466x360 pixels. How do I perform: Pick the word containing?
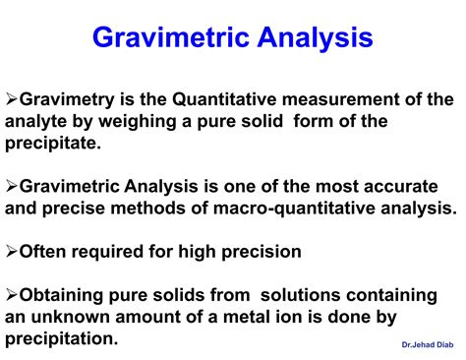coord(408,295)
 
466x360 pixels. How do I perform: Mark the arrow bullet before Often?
coord(13,252)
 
